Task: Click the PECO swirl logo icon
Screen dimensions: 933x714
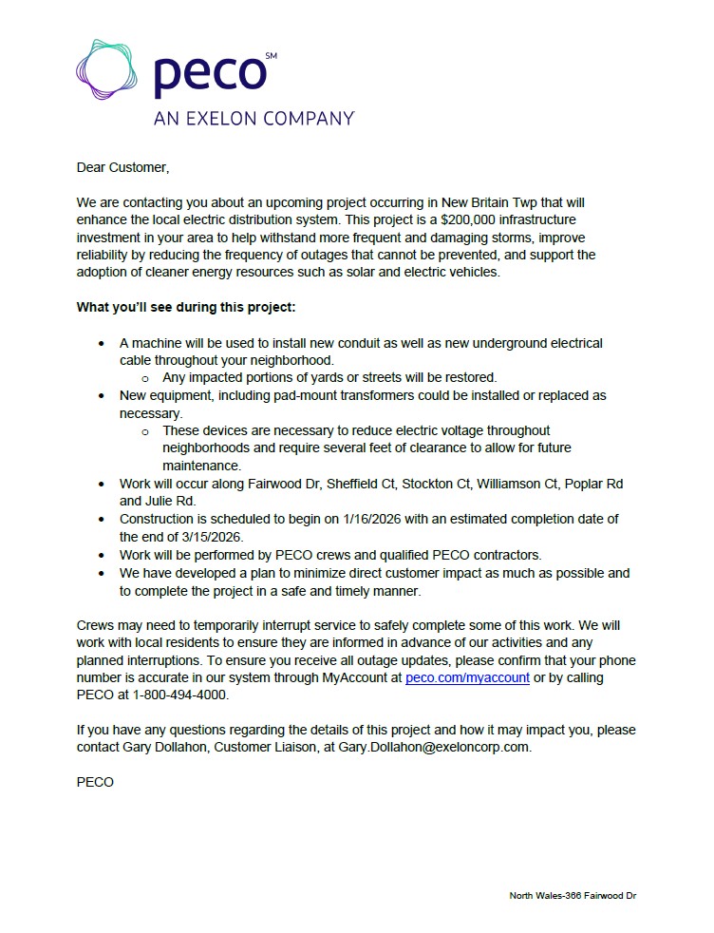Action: tap(107, 70)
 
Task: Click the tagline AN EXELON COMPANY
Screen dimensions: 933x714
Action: tap(254, 119)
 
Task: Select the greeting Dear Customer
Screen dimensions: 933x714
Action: tap(122, 168)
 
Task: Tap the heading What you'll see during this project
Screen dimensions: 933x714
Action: tap(186, 308)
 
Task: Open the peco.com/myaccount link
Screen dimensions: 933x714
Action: tap(467, 678)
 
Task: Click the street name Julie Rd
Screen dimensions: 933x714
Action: tap(170, 501)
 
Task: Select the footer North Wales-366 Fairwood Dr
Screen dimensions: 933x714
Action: tap(573, 896)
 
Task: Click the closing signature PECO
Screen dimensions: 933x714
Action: tap(95, 782)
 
